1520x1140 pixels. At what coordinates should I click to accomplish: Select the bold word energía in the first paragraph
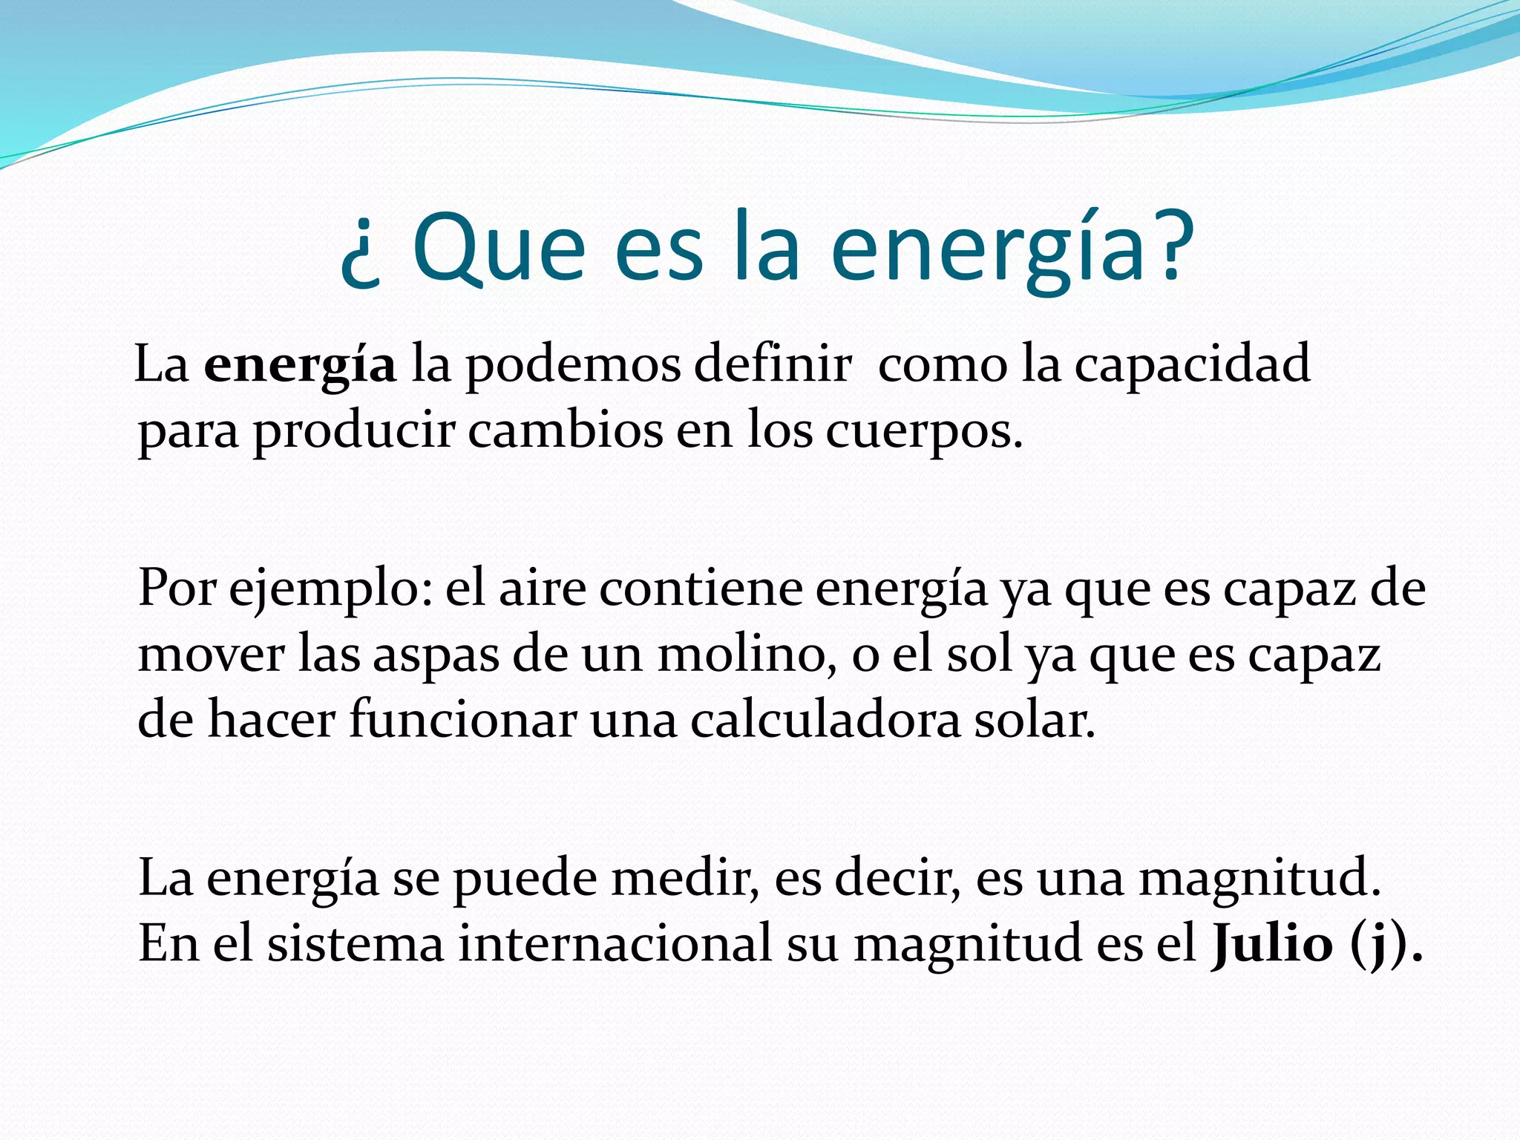tap(300, 367)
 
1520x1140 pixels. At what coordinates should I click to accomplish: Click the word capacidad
tap(1192, 365)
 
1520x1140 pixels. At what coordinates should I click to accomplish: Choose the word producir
tap(353, 432)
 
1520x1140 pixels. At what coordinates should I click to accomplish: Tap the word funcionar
tap(462, 720)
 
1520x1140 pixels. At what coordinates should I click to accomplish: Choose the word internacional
tap(615, 944)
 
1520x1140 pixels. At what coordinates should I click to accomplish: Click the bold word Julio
tap(1271, 944)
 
